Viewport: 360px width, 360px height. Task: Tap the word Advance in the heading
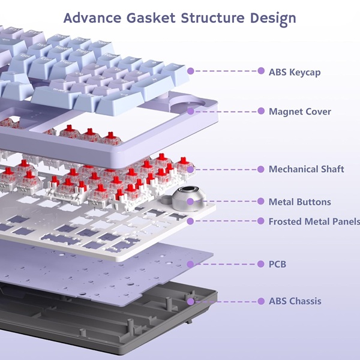click(92, 17)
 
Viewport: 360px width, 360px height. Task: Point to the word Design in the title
click(275, 18)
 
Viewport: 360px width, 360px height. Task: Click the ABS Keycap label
click(295, 72)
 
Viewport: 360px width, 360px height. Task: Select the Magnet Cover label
click(299, 112)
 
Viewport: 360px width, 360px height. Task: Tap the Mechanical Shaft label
click(306, 169)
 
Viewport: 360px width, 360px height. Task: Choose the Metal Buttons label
click(299, 202)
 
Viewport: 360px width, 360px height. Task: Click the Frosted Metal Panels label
click(314, 221)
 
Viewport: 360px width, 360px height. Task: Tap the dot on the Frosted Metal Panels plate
click(191, 221)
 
